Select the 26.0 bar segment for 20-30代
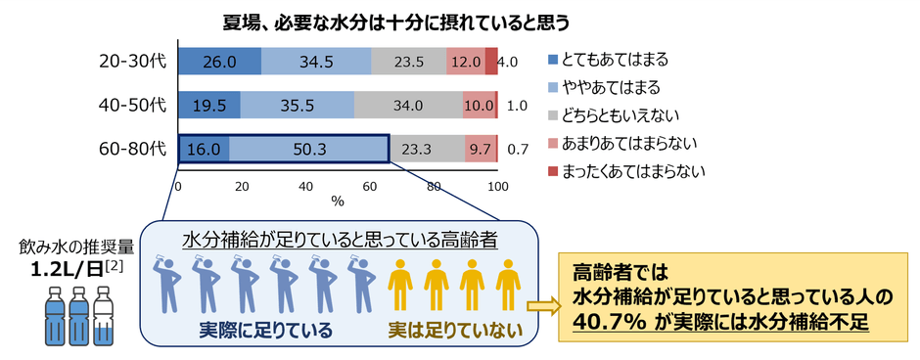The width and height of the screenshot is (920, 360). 219,61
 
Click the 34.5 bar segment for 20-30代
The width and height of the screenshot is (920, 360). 316,61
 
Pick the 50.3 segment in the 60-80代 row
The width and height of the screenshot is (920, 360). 308,149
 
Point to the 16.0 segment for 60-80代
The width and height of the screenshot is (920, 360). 204,149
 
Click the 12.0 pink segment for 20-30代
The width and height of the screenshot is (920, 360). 465,61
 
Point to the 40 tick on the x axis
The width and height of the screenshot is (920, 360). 305,186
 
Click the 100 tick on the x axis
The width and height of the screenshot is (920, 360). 498,186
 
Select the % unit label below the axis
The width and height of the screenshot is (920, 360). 338,202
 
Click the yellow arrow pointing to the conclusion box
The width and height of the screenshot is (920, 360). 541,306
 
